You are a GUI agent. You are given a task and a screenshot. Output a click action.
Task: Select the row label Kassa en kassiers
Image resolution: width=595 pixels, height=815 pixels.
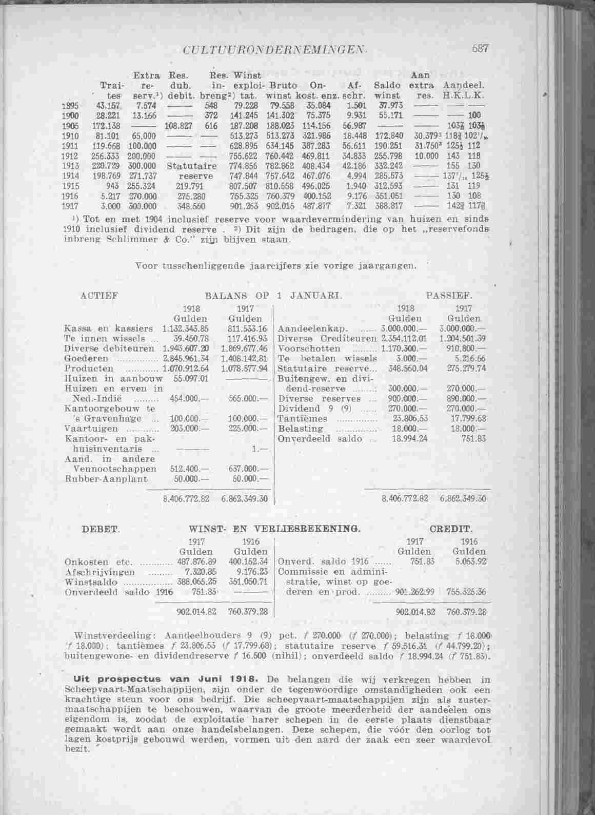[108, 328]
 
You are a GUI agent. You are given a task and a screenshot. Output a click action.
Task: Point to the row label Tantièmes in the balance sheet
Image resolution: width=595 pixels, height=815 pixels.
[302, 419]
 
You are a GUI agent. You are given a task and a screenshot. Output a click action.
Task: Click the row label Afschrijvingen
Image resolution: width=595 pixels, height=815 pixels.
[101, 572]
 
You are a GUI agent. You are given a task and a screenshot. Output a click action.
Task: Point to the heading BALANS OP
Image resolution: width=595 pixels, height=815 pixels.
[237, 296]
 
